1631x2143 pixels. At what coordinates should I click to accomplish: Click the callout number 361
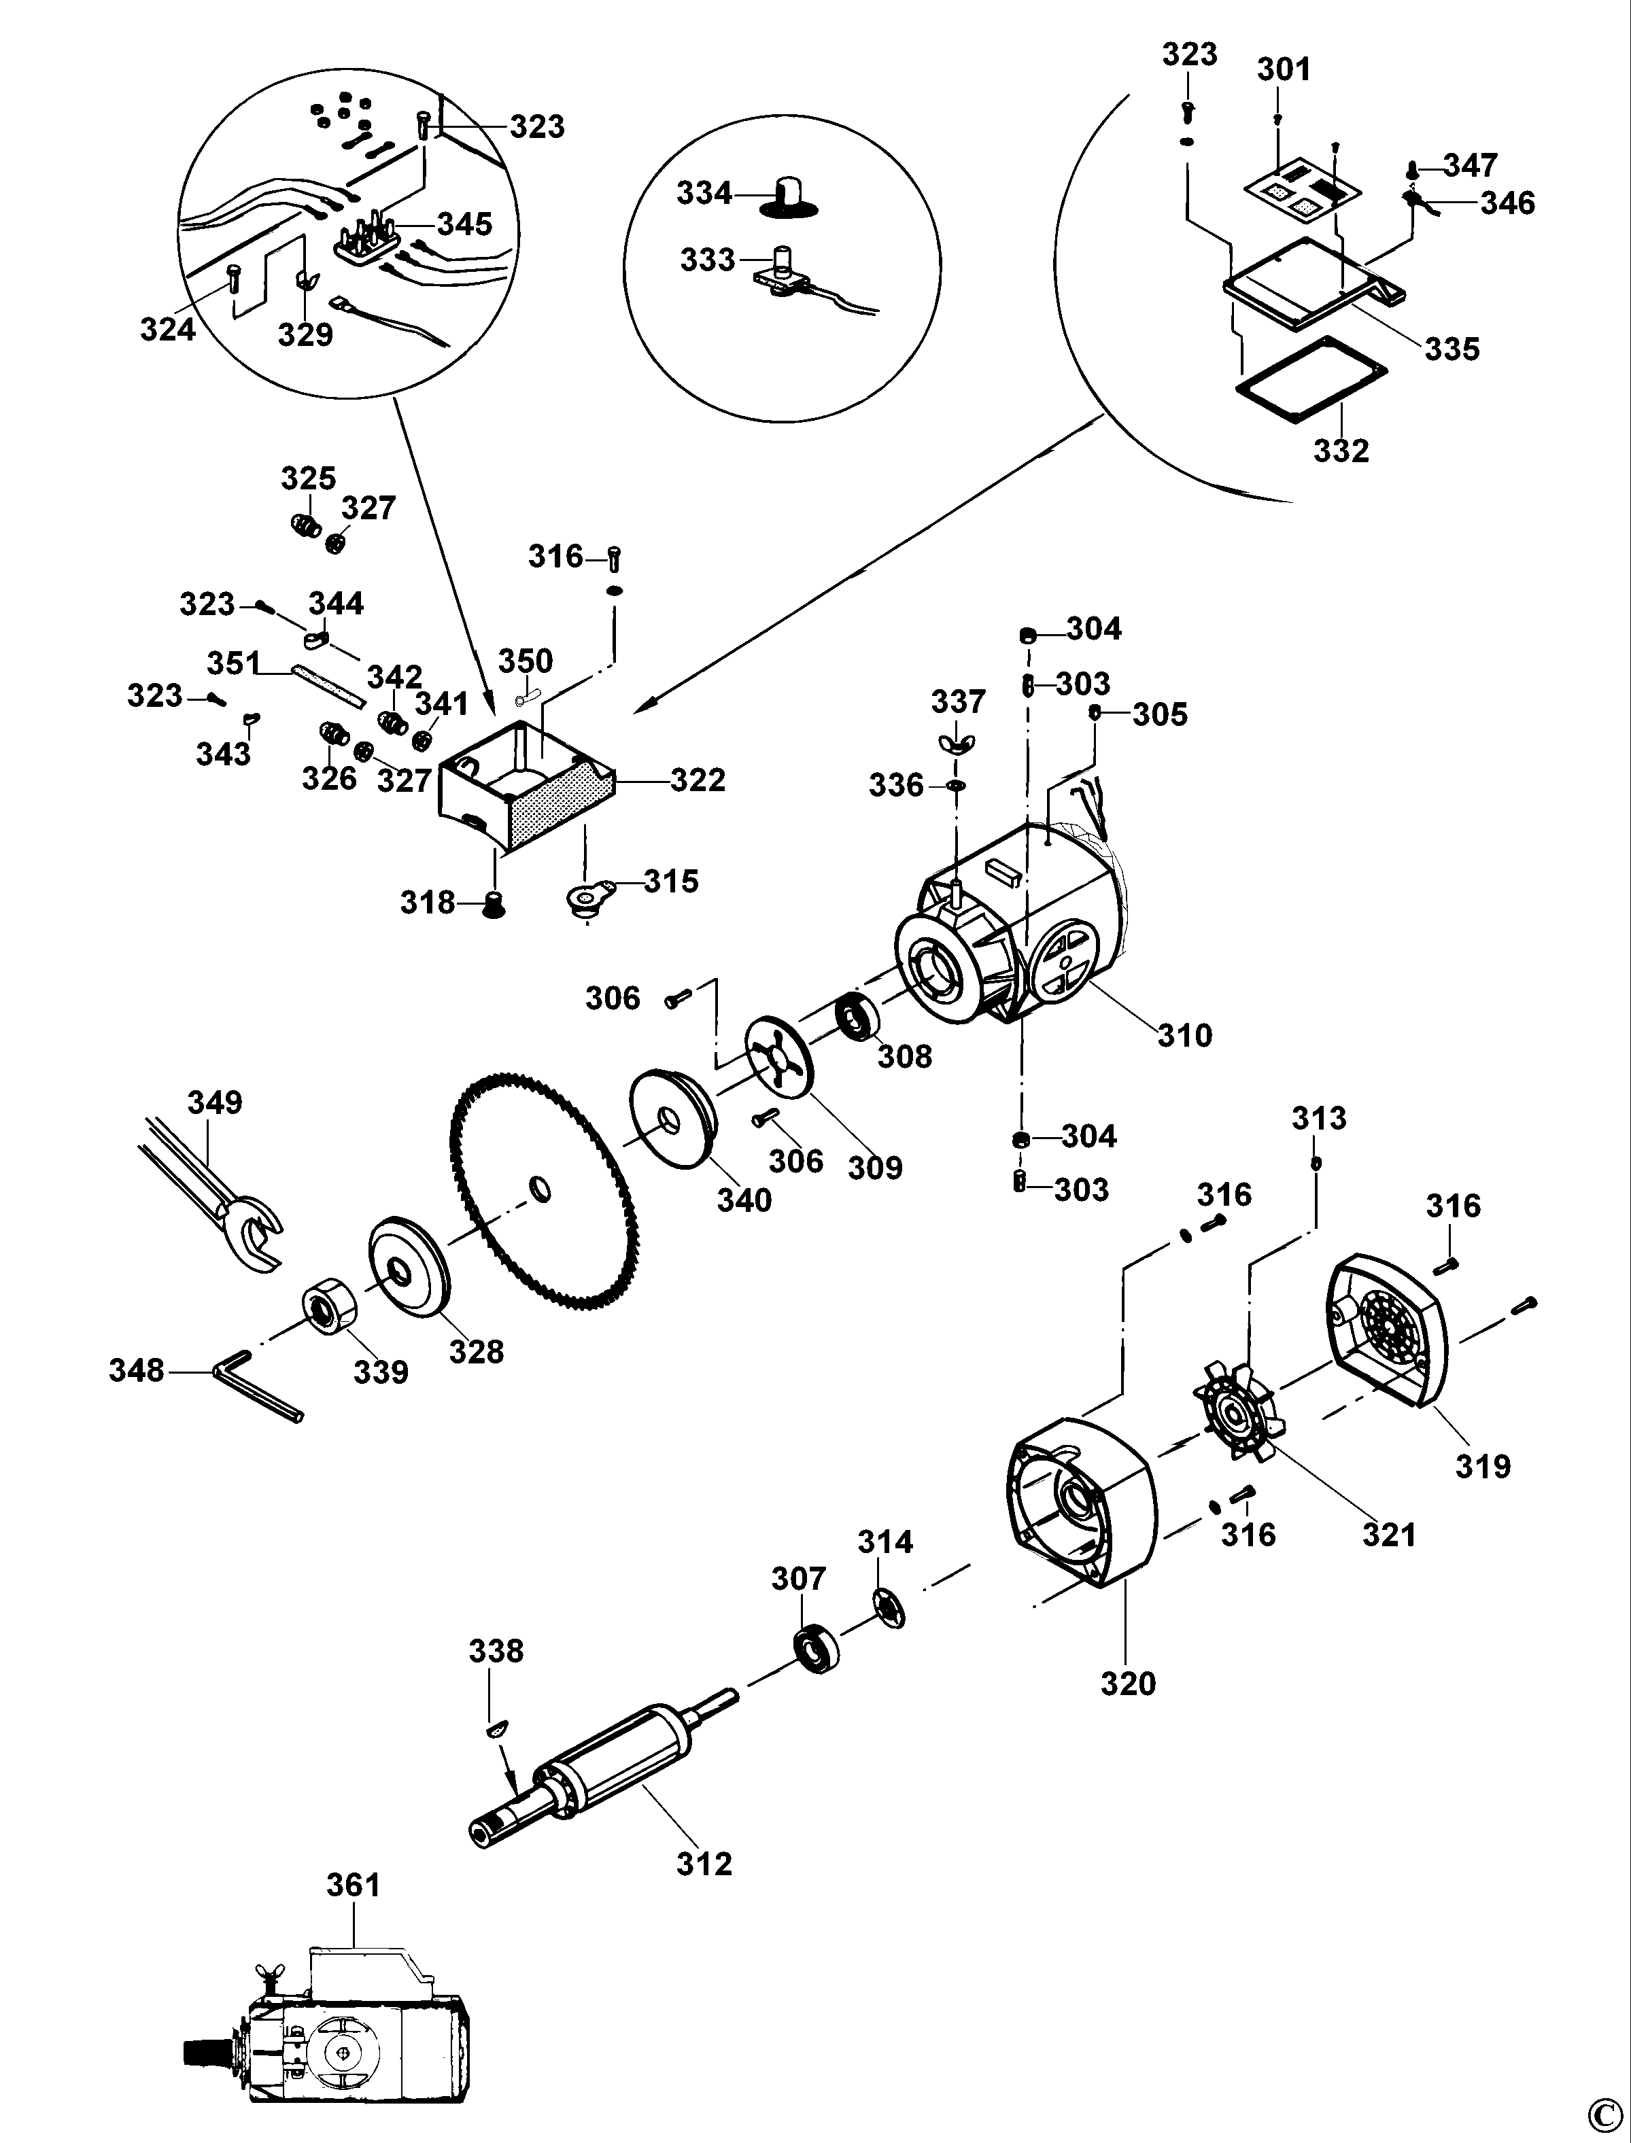point(352,1885)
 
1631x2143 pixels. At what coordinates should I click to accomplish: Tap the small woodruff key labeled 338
point(496,1726)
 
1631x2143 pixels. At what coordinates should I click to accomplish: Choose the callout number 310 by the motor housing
point(1184,1036)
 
